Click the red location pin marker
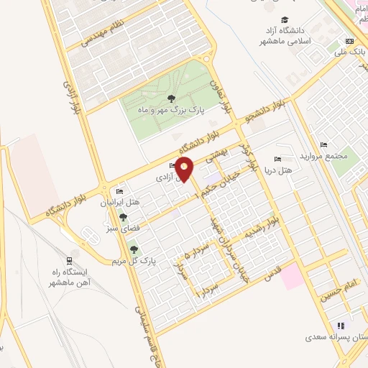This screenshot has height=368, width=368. coord(185,168)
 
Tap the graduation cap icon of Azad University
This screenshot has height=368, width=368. coord(285,19)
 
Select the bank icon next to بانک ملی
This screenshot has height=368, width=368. coord(350,41)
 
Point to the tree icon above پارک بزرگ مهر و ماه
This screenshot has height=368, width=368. coord(170,98)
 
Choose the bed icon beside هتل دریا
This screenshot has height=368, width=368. coord(277,159)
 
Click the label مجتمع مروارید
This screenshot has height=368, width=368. coord(331,156)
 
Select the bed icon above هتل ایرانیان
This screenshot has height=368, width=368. coord(119,191)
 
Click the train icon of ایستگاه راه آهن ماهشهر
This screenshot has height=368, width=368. coord(69,260)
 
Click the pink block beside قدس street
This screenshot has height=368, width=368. coord(292,276)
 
